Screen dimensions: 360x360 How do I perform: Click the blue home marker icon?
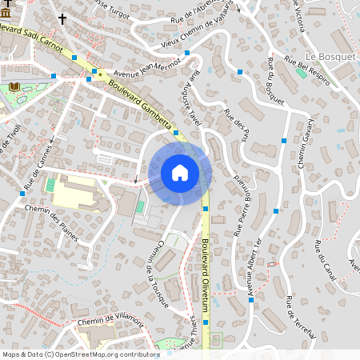(x=180, y=173)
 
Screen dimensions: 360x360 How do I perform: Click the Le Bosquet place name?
(x=325, y=58)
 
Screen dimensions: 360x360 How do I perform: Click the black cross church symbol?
(x=62, y=18)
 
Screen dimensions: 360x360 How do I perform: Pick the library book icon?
(x=14, y=86)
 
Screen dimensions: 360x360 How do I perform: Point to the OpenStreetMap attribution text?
(x=81, y=354)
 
